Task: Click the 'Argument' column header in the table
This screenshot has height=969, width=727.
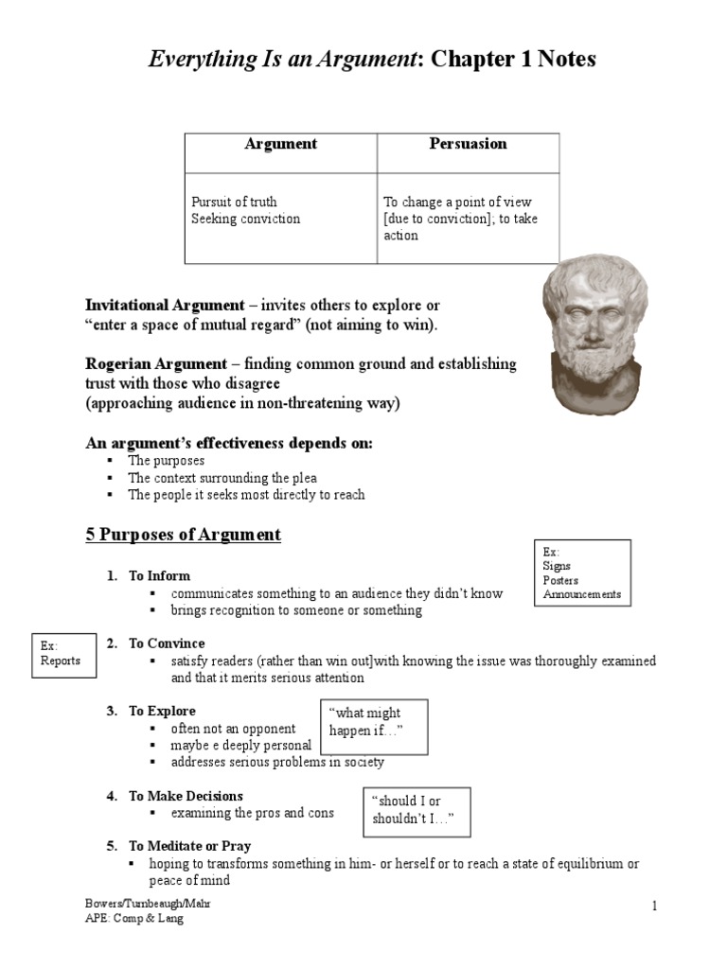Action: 280,145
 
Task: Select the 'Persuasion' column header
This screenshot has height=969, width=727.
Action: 468,145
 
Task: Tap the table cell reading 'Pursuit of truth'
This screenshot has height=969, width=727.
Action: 234,202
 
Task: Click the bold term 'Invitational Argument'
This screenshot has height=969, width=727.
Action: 165,307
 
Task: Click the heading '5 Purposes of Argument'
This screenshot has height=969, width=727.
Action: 183,535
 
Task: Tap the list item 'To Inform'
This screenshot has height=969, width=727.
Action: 159,575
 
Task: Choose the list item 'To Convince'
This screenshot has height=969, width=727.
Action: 167,643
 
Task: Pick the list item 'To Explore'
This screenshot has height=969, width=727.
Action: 162,711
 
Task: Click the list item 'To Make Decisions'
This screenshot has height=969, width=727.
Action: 186,796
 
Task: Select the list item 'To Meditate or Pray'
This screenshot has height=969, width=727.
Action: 189,846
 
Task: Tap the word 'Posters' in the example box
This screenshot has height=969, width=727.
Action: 560,580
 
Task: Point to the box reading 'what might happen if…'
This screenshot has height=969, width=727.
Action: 376,722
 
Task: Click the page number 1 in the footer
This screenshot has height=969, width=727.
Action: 653,907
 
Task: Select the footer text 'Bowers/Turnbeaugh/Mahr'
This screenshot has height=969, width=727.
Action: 147,904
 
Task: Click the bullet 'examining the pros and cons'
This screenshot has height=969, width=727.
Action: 252,813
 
